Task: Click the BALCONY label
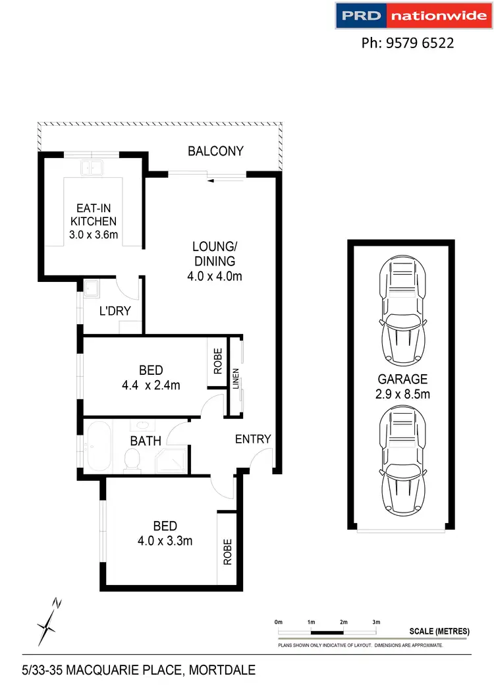[x=215, y=151]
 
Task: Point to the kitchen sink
[x=92, y=167]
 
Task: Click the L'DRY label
[x=115, y=311]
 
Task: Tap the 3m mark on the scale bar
[x=376, y=621]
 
